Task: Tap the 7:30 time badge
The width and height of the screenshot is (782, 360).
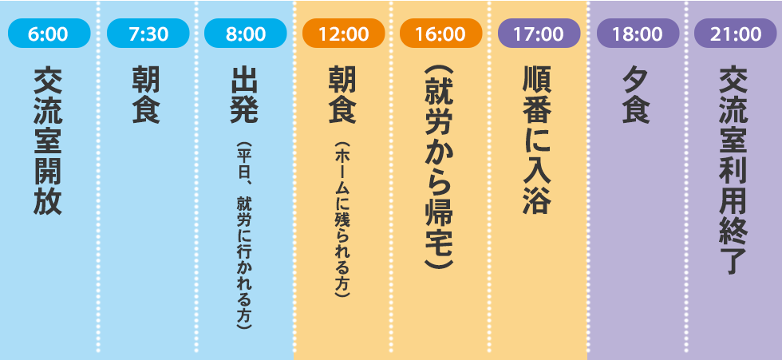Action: point(147,34)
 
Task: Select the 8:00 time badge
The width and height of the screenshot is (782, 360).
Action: point(245,34)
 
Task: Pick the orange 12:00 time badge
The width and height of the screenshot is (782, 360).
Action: point(343,34)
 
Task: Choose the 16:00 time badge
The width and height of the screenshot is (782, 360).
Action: point(440,34)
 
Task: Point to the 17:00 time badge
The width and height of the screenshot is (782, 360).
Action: point(539,34)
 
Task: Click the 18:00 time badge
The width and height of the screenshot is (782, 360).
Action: point(637,34)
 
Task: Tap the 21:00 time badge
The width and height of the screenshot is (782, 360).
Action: point(734,34)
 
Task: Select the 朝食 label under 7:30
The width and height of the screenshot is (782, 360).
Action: point(147,95)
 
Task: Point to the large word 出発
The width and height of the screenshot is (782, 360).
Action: point(245,95)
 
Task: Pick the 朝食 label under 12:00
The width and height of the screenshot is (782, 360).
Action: point(343,95)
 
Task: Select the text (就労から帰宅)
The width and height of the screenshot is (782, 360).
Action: point(440,170)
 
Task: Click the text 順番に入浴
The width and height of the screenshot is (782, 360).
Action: point(539,140)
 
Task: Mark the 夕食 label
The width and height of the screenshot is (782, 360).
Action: point(637,95)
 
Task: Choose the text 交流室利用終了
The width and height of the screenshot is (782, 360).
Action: point(734,170)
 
